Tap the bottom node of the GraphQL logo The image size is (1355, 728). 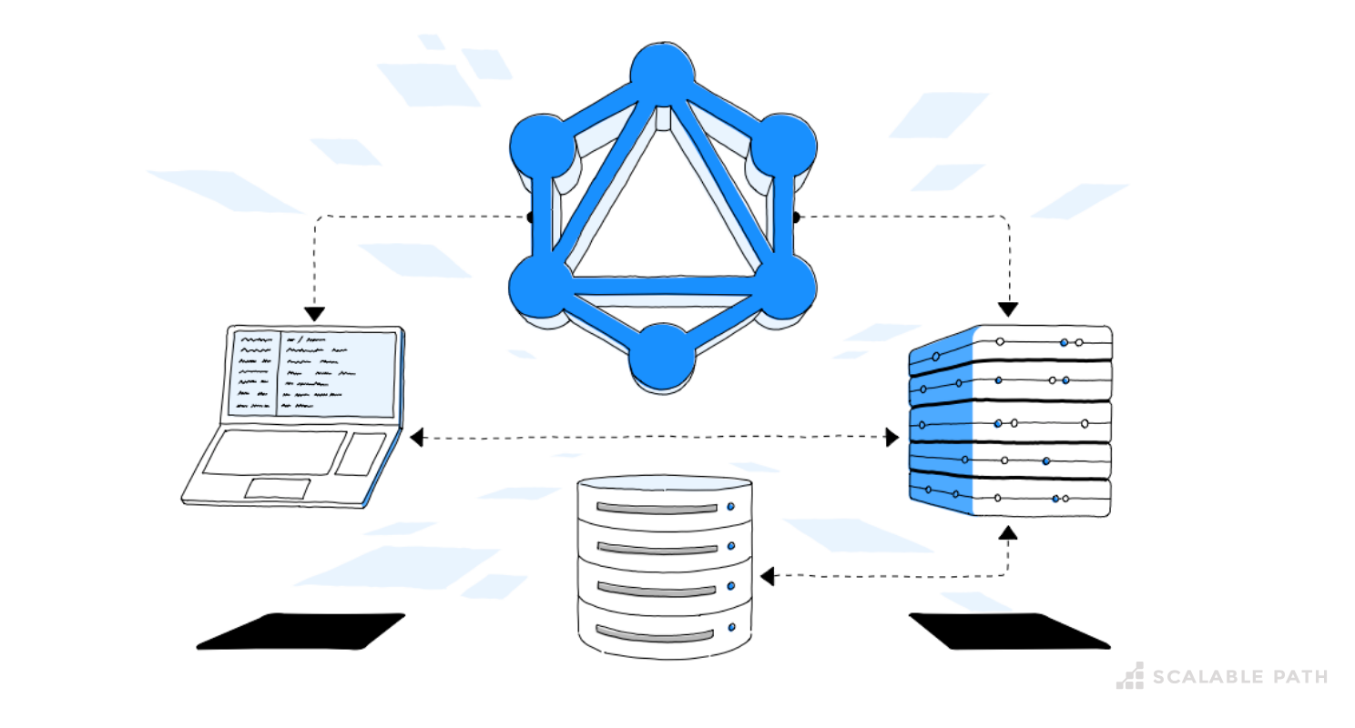(662, 356)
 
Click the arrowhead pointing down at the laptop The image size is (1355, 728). (314, 314)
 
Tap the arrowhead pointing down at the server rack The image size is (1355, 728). (1007, 309)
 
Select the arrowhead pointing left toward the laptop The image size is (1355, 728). (416, 438)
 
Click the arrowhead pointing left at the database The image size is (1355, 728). (767, 576)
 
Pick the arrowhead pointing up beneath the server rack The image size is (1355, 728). (1007, 531)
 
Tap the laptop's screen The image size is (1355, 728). (311, 373)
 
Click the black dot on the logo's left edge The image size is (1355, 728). (530, 217)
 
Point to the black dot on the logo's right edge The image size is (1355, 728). (795, 217)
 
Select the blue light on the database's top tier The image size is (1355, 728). (730, 507)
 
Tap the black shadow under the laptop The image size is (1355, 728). (301, 632)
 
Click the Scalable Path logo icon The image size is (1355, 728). (1130, 675)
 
